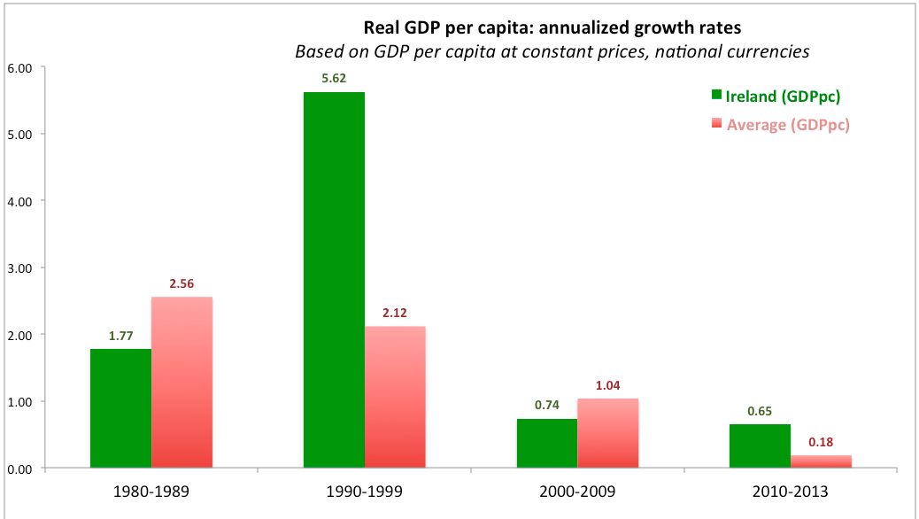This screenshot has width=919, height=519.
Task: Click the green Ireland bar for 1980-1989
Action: (120, 408)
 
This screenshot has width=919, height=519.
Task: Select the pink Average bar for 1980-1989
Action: (181, 382)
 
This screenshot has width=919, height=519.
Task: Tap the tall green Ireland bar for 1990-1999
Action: (334, 280)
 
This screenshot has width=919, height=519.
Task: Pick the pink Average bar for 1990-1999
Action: (395, 397)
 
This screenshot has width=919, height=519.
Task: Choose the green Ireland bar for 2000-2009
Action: (547, 443)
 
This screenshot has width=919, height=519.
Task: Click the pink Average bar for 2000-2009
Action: (608, 433)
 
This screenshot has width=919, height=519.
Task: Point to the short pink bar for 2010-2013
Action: (821, 461)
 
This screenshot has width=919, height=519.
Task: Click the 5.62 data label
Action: (334, 77)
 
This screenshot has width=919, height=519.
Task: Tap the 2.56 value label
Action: (181, 283)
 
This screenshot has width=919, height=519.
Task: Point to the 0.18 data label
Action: (821, 442)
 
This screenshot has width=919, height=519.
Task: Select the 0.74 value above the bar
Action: (547, 405)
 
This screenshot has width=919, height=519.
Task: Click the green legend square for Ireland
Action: (716, 97)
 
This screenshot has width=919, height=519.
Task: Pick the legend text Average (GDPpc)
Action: (788, 125)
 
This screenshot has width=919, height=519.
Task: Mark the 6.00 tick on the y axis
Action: (19, 67)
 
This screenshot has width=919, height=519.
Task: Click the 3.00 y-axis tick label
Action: (19, 267)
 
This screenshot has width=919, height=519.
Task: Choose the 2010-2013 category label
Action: (791, 490)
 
